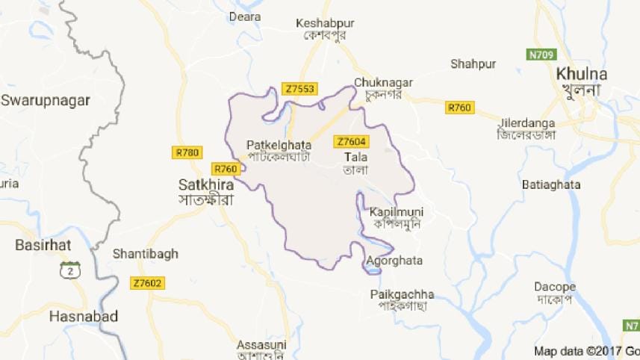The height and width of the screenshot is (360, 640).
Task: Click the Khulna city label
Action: coord(582,74)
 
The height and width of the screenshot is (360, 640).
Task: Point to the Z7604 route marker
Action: coord(352,141)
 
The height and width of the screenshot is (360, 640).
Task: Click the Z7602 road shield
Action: coord(147,283)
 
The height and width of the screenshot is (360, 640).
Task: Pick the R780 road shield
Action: coord(187,152)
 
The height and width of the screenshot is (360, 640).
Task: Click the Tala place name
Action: coord(353,158)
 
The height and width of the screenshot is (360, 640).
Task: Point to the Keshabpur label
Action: coord(325,23)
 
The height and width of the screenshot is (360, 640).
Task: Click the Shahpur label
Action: coord(469,63)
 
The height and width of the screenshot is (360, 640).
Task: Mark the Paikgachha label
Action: coord(402,294)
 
